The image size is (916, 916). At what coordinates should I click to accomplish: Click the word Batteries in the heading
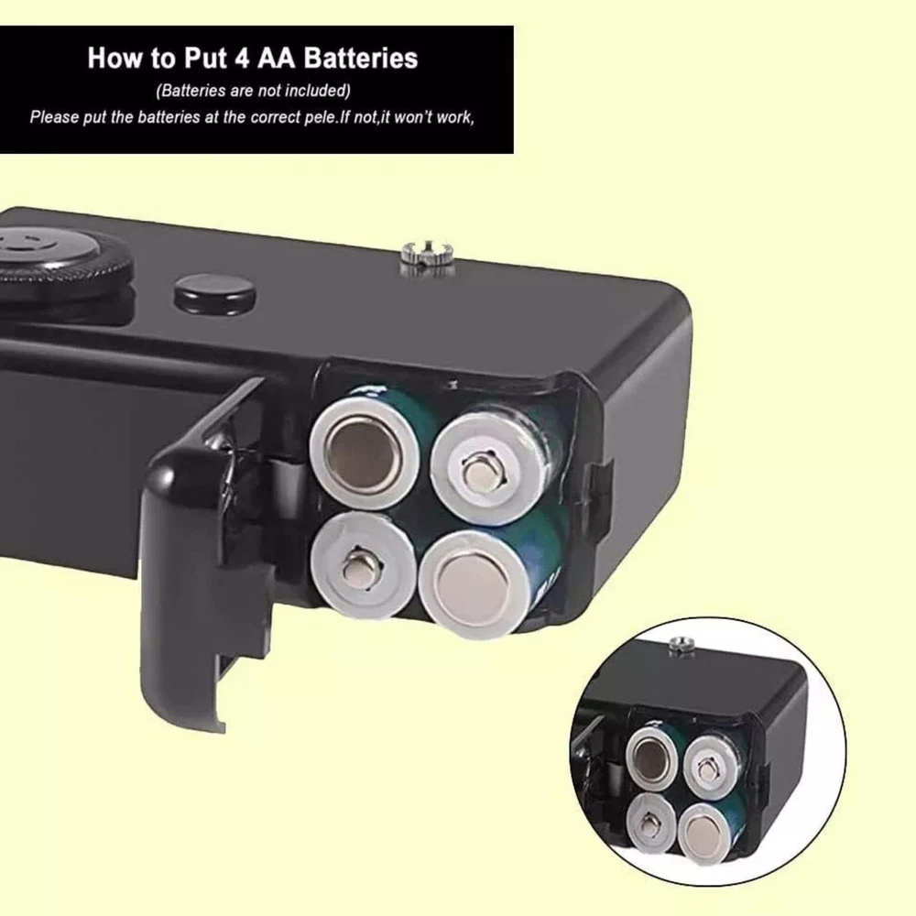(361, 59)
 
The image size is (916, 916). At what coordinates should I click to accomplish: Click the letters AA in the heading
(274, 59)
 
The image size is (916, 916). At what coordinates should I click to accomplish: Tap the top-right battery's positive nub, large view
(482, 468)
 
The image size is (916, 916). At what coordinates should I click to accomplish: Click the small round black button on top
(215, 291)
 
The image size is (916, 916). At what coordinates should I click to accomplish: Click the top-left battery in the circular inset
(651, 758)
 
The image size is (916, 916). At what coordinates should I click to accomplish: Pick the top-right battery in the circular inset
(708, 765)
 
